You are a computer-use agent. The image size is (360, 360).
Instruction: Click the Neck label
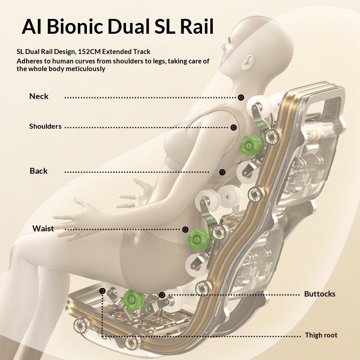[x=39, y=96]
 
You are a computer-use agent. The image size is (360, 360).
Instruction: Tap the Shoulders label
[x=45, y=126]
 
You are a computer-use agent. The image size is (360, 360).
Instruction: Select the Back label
[x=39, y=171]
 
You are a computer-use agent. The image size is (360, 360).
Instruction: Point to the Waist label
[x=43, y=228]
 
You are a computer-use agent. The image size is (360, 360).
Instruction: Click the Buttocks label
[x=319, y=294]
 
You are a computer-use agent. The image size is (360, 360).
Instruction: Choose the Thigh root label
[x=321, y=335]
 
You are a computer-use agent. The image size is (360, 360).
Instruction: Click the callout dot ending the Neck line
[x=241, y=97]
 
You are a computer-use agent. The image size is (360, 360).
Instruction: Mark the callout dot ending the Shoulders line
[x=234, y=127]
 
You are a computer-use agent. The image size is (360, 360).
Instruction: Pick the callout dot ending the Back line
[x=222, y=172]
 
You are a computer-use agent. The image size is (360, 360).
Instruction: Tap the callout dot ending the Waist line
[x=185, y=229]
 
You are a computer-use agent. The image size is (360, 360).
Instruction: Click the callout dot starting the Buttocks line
[x=162, y=295]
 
